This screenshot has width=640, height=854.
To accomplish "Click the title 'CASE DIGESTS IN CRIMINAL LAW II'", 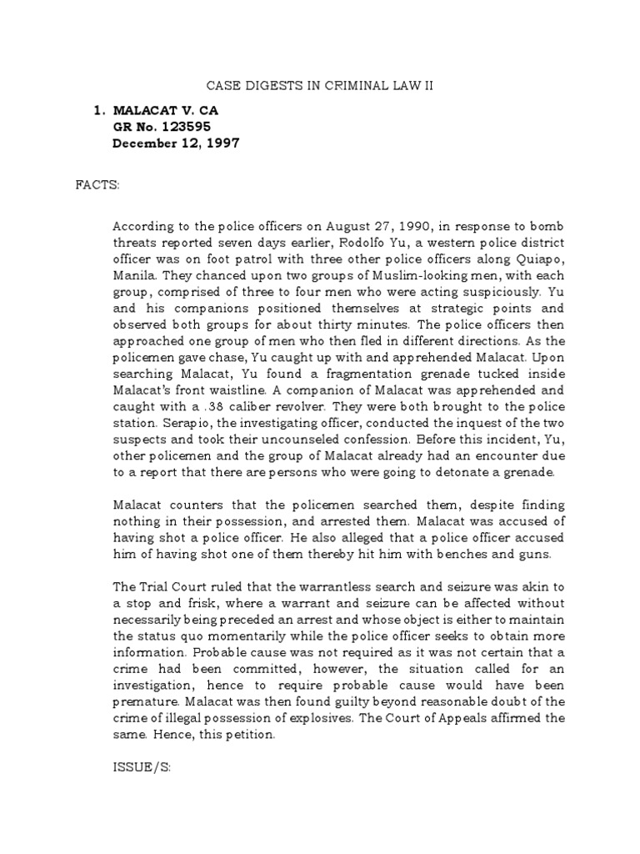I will (320, 85).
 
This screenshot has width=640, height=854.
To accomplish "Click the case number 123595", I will (182, 127).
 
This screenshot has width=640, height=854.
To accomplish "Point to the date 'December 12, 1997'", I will (176, 143).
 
